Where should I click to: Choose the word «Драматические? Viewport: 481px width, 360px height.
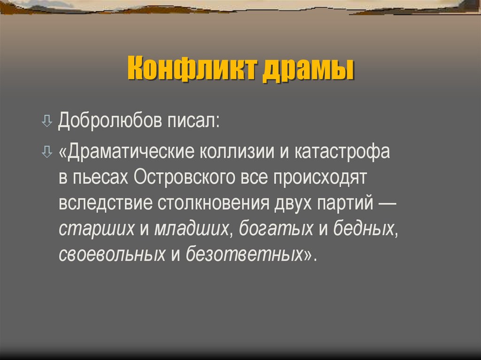pyautogui.click(x=127, y=153)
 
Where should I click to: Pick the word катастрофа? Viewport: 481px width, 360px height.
pyautogui.click(x=342, y=153)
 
